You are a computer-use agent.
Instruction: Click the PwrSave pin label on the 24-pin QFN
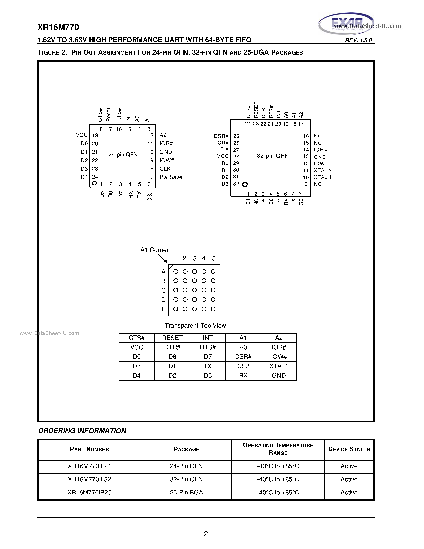point(171,177)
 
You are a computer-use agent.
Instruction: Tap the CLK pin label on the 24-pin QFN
point(165,169)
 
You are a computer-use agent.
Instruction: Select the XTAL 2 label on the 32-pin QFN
point(322,170)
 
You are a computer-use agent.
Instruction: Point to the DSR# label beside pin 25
point(221,136)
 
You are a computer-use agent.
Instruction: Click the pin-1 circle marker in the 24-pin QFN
point(94,183)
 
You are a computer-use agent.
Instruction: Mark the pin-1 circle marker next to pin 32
point(245,184)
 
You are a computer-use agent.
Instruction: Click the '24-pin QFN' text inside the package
point(123,154)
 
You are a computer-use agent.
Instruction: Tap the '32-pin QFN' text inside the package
point(273,156)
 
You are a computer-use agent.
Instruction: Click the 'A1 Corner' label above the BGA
point(154,250)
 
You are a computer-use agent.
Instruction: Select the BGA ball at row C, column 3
point(194,290)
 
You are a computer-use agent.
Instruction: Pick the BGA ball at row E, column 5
point(213,309)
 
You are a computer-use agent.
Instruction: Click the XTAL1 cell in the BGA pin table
point(279,366)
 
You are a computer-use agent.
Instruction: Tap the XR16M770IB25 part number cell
point(89,492)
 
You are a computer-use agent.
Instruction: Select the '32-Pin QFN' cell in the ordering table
point(186,479)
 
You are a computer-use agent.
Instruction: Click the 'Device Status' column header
point(349,449)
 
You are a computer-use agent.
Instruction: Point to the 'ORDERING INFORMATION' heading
point(82,431)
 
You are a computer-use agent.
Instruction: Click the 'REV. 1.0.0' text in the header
point(358,40)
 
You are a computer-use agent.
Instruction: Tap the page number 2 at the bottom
point(206,534)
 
